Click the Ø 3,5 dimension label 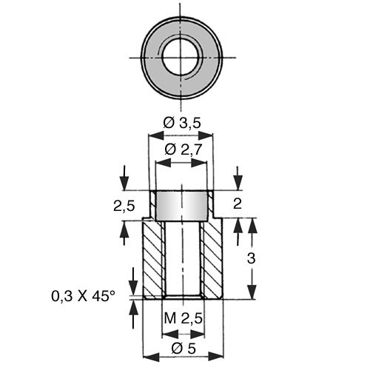coord(182,123)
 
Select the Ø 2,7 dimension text coord(184,149)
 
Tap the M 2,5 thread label coord(184,318)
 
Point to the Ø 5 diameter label coord(184,349)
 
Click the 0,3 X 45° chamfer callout coord(84,296)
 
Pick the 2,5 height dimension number coord(124,206)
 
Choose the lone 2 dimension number coord(238,204)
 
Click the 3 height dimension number coord(251,258)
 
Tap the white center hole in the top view coord(181,58)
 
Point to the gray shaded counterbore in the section coord(181,206)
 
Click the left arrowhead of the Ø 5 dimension coord(151,357)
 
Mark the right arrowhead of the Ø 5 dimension coord(215,357)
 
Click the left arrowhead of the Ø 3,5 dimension coord(156,135)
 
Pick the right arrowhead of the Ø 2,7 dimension coord(198,162)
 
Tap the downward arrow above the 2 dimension coord(238,178)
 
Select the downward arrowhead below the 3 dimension coord(252,292)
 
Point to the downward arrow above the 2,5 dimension coord(124,178)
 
